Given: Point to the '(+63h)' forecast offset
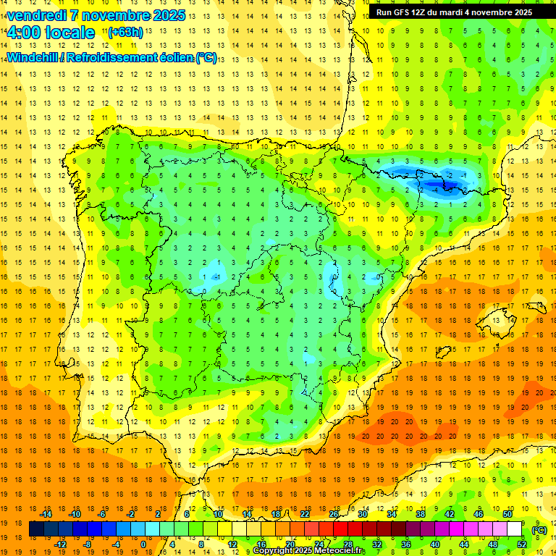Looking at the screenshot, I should point(125,32).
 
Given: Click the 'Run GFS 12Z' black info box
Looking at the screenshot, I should point(454,12).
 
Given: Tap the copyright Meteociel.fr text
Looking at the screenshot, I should point(309,551).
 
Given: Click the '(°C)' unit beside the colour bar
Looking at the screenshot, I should point(539,530).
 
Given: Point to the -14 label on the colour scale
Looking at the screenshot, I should point(47,514).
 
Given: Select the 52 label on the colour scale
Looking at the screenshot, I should point(522,544).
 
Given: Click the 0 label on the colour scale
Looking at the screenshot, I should point(143,544).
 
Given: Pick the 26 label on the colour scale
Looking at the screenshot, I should point(334,514).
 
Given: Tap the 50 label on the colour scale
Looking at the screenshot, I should point(507,514).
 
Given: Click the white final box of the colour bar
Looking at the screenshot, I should point(514,529).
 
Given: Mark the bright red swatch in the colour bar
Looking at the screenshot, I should point(340,529).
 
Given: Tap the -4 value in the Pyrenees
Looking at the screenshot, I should point(435,190).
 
